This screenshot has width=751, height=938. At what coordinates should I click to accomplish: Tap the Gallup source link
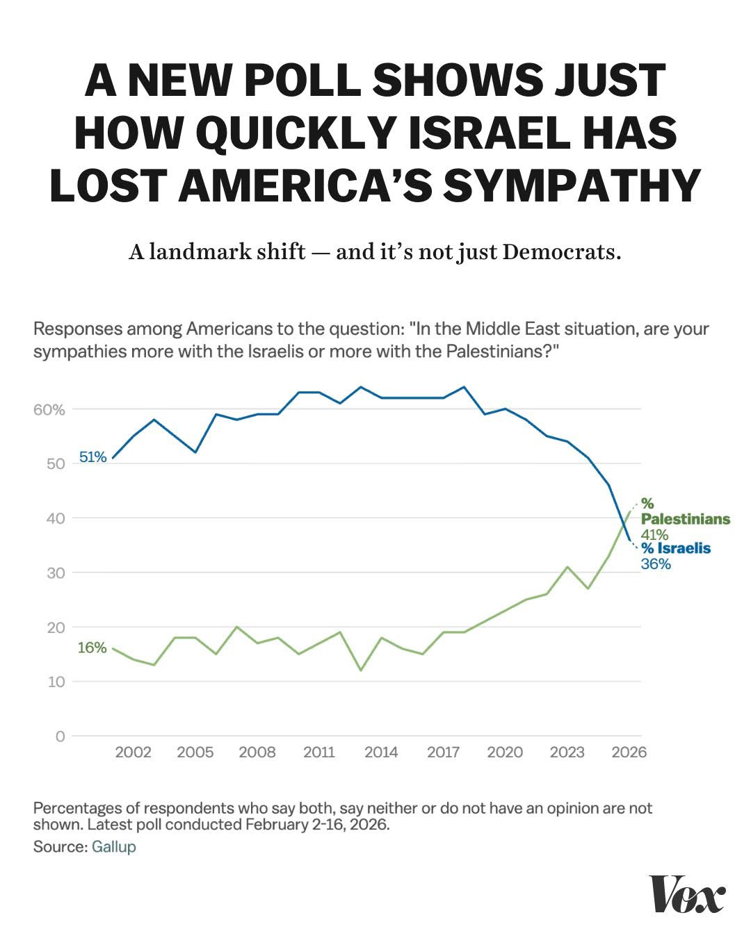tap(113, 847)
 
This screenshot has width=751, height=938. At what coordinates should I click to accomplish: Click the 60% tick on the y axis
tap(49, 409)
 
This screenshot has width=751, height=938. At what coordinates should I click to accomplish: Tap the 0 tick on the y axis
tap(60, 736)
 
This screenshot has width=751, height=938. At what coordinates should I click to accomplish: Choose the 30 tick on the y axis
tap(56, 573)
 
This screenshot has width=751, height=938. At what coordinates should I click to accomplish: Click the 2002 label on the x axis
tap(133, 752)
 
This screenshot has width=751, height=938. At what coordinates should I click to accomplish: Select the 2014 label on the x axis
tap(381, 752)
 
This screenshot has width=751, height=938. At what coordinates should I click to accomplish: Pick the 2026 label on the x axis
tap(629, 752)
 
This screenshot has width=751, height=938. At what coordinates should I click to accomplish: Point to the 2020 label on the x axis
tap(505, 752)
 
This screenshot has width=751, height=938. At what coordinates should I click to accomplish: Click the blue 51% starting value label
tap(92, 457)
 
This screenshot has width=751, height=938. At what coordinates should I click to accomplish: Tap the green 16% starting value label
tap(92, 648)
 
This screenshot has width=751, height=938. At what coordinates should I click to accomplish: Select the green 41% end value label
tap(654, 534)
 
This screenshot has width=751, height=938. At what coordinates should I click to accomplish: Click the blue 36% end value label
tap(656, 563)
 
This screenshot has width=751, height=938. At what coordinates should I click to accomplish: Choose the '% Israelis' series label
tap(676, 548)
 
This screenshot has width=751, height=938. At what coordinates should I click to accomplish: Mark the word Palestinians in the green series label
tap(685, 519)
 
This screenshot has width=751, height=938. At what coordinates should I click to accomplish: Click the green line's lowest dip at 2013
tap(361, 670)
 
